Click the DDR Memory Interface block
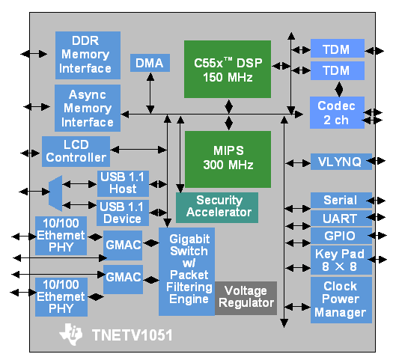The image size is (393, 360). [88, 55]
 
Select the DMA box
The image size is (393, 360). [150, 63]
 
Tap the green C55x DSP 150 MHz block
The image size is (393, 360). [228, 69]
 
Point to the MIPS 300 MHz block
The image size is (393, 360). [228, 159]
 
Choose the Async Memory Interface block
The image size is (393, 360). [88, 108]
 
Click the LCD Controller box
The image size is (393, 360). [76, 151]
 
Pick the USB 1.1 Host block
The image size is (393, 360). [123, 183]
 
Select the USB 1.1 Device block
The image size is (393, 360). [123, 213]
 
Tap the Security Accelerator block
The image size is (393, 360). [217, 207]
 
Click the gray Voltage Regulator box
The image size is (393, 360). [246, 298]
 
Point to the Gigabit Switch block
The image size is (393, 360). [186, 272]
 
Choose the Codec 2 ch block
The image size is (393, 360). [337, 112]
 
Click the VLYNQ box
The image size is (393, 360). [341, 162]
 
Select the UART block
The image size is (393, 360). [341, 219]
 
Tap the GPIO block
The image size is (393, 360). [341, 236]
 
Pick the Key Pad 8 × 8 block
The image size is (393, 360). [341, 260]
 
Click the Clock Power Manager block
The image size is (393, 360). [341, 300]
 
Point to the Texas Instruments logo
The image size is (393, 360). [71, 335]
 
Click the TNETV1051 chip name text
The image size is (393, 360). [132, 335]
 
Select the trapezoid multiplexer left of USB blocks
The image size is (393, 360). [55, 193]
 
